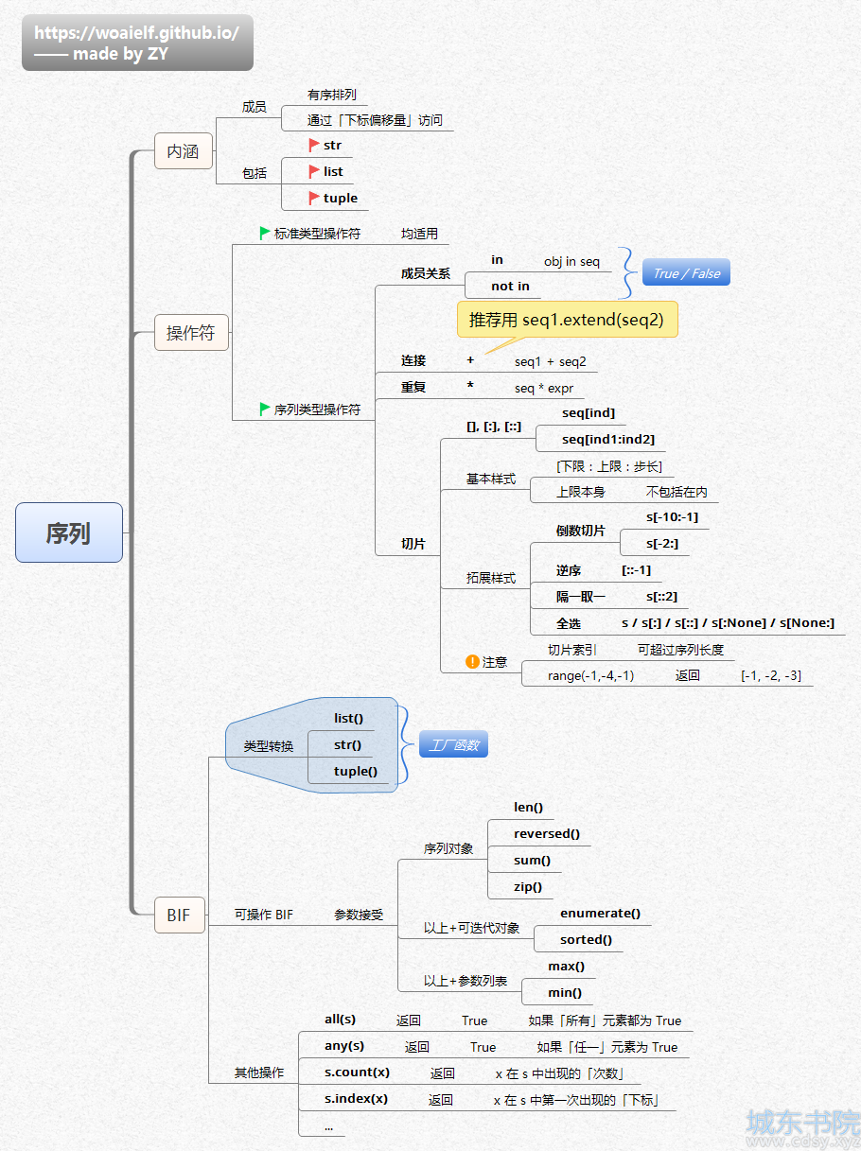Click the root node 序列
(x=69, y=532)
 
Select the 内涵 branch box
(x=183, y=151)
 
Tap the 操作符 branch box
(x=191, y=333)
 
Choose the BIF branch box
(x=179, y=916)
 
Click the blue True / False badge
(x=686, y=272)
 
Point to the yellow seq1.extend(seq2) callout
(x=567, y=320)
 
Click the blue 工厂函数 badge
(x=453, y=744)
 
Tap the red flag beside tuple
(x=313, y=198)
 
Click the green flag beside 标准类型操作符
(x=265, y=233)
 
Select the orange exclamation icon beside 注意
(x=472, y=662)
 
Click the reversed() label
(x=546, y=834)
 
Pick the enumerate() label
(x=600, y=913)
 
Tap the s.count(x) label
(x=357, y=1072)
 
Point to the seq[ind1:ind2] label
(x=607, y=439)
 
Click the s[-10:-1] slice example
(x=672, y=517)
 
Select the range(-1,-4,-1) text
(x=590, y=675)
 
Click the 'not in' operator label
(x=510, y=286)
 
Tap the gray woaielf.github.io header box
(x=137, y=43)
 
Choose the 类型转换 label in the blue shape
(x=268, y=745)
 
